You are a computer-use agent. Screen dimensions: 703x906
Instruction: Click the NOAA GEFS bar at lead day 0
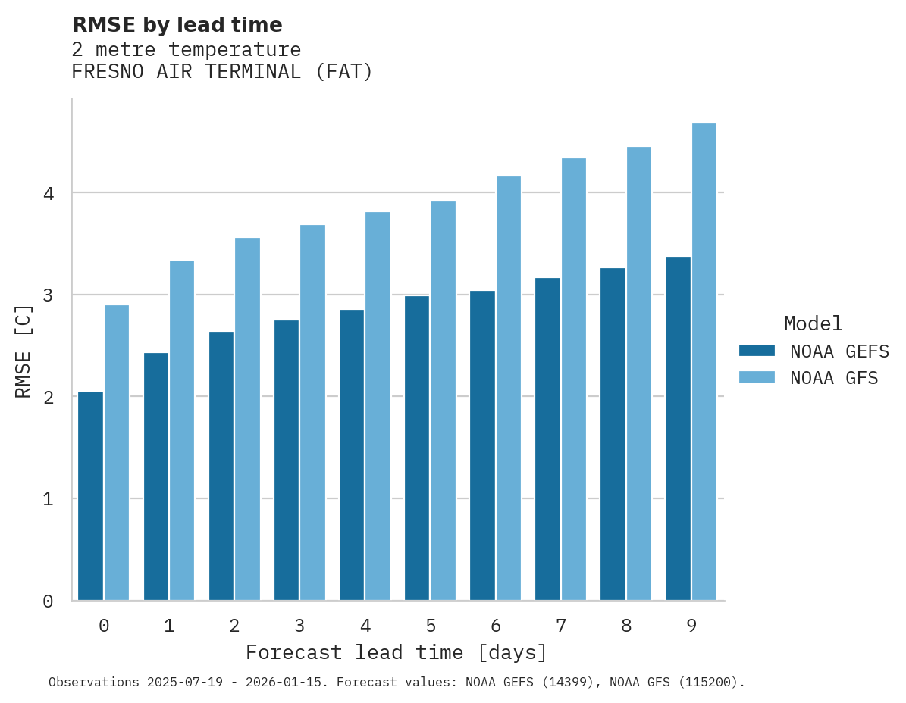click(90, 495)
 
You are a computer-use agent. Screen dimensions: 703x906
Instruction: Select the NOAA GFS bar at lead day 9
click(704, 361)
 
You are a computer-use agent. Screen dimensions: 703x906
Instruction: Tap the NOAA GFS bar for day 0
click(117, 452)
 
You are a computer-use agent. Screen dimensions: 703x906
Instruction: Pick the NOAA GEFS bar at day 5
click(416, 448)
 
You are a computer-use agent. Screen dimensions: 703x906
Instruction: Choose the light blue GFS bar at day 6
click(508, 388)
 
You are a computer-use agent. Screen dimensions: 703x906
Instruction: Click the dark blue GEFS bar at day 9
click(678, 428)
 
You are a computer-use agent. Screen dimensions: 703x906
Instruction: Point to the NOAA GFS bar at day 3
click(312, 412)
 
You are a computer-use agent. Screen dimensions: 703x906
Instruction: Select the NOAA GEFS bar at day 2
click(221, 466)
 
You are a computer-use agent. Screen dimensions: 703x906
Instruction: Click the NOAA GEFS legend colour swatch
click(757, 351)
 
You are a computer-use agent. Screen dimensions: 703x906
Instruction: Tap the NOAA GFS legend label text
click(834, 378)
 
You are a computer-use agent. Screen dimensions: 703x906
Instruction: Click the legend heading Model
click(813, 323)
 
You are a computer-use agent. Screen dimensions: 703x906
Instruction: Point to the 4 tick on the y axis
click(49, 193)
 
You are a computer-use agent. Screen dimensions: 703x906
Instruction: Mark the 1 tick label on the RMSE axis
click(49, 499)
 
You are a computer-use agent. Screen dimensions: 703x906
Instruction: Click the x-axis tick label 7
click(561, 626)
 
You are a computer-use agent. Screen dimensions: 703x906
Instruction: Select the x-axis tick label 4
click(365, 626)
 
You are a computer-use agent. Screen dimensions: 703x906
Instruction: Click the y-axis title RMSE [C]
click(24, 351)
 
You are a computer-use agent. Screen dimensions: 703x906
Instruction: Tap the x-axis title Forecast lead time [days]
click(396, 653)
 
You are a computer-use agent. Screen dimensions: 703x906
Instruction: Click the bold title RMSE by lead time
click(177, 25)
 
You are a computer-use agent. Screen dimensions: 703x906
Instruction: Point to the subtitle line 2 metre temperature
click(186, 50)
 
